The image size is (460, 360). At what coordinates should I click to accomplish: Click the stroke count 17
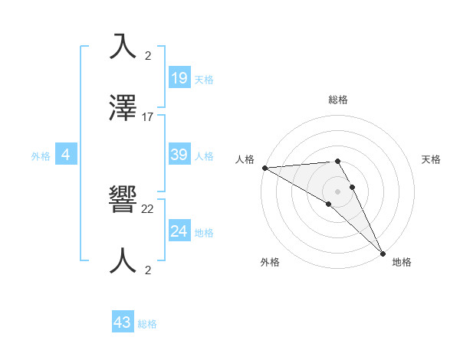(x=148, y=117)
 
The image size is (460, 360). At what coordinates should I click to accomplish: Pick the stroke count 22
(x=148, y=208)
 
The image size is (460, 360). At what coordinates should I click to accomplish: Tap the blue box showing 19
(x=179, y=77)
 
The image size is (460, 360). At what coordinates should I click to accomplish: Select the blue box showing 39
(x=179, y=155)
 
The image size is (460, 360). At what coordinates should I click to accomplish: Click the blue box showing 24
(x=179, y=231)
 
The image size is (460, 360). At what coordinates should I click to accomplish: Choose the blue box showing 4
(x=66, y=155)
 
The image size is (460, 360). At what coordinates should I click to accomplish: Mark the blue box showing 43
(x=123, y=322)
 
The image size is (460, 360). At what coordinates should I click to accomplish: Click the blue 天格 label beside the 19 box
(x=204, y=80)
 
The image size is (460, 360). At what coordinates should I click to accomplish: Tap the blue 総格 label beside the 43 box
(x=147, y=325)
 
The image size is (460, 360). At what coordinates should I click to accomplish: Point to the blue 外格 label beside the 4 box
(x=41, y=156)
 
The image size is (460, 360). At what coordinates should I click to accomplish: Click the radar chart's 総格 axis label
(x=338, y=100)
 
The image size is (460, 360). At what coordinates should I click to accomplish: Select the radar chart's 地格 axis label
(x=402, y=262)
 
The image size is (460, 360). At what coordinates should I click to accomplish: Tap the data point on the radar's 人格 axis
(x=264, y=168)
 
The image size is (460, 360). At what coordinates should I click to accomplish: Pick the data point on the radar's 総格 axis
(x=337, y=161)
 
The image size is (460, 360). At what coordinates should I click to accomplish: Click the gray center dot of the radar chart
(x=338, y=191)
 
